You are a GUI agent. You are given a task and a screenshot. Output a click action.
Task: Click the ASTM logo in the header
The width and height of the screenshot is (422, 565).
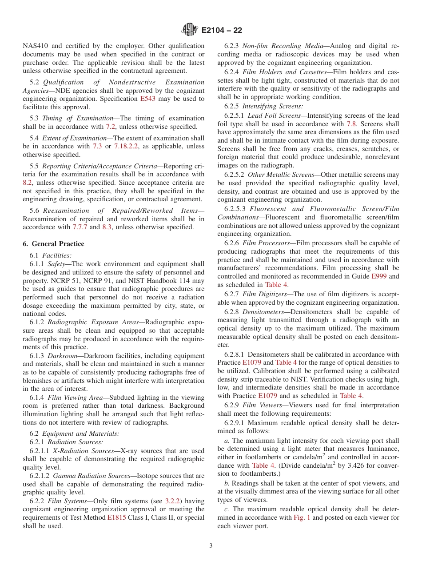(x=190, y=30)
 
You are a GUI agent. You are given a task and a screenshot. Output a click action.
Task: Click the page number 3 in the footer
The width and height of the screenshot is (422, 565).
(x=211, y=545)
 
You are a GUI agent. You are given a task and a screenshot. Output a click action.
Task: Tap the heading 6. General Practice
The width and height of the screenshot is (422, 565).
(x=53, y=244)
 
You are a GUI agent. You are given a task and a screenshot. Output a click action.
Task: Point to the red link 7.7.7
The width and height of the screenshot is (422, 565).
(x=80, y=227)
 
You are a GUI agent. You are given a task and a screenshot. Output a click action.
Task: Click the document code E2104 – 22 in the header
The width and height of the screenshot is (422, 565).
(x=222, y=31)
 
